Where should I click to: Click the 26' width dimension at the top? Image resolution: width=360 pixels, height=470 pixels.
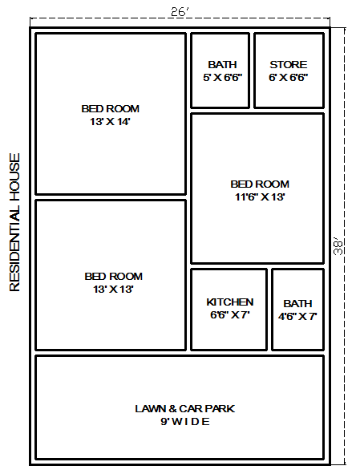tap(179, 11)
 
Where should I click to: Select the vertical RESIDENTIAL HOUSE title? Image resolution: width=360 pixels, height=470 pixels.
tap(14, 221)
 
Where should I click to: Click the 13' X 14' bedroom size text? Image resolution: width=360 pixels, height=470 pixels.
tap(110, 122)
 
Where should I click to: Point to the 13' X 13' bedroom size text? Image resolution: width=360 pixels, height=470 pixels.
tap(113, 289)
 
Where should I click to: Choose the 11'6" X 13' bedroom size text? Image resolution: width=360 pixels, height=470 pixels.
tap(260, 197)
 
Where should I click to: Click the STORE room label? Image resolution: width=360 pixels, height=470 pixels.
tap(288, 65)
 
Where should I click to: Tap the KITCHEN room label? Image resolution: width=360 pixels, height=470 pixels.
tap(230, 302)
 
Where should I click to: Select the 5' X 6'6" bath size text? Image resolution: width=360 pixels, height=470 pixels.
tap(222, 78)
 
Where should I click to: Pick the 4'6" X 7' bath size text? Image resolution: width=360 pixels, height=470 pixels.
tap(297, 317)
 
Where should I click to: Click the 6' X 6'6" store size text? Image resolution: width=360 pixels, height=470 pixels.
tap(288, 78)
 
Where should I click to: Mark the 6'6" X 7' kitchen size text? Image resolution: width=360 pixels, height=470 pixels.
tap(230, 315)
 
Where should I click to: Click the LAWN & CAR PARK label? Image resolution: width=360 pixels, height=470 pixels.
tap(185, 408)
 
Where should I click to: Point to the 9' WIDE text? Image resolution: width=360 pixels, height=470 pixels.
tap(185, 421)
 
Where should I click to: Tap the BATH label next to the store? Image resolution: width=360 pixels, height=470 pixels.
tap(222, 65)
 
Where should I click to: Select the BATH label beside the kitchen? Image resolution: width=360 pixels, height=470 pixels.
tap(297, 304)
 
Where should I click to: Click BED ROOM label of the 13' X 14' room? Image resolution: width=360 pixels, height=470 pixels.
tap(110, 109)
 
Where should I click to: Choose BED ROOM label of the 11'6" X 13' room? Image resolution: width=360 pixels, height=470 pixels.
tap(260, 184)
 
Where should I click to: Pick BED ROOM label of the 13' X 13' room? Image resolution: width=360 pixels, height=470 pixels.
tap(113, 276)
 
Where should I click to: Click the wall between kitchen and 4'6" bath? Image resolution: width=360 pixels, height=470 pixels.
tap(269, 310)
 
